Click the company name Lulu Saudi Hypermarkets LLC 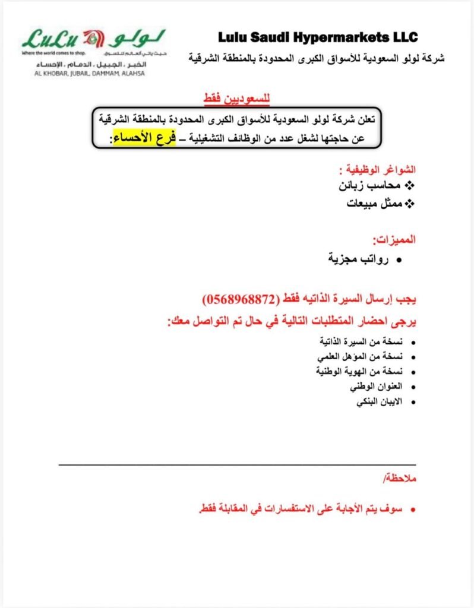point(318,37)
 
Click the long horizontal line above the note point(238,464)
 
